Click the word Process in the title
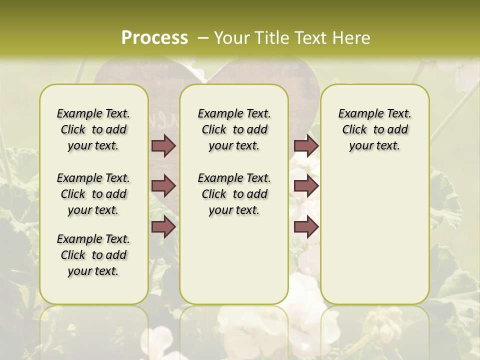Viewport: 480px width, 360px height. (154, 37)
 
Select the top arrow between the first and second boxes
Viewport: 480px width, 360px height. (163, 145)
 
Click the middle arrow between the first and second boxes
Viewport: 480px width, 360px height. (163, 186)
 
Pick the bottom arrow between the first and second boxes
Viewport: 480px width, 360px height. (163, 227)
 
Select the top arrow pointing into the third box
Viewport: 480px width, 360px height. (306, 145)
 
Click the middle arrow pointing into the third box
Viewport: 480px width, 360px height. (306, 186)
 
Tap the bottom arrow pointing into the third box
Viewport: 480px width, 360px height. (306, 227)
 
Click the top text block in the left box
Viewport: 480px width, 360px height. (93, 129)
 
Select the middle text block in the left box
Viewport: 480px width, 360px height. (93, 194)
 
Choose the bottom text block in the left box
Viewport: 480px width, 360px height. (93, 255)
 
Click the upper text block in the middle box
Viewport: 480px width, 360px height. (234, 129)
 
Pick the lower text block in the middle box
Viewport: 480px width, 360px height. (234, 194)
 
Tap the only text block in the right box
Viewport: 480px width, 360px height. (374, 129)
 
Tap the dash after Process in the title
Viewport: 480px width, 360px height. (202, 37)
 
